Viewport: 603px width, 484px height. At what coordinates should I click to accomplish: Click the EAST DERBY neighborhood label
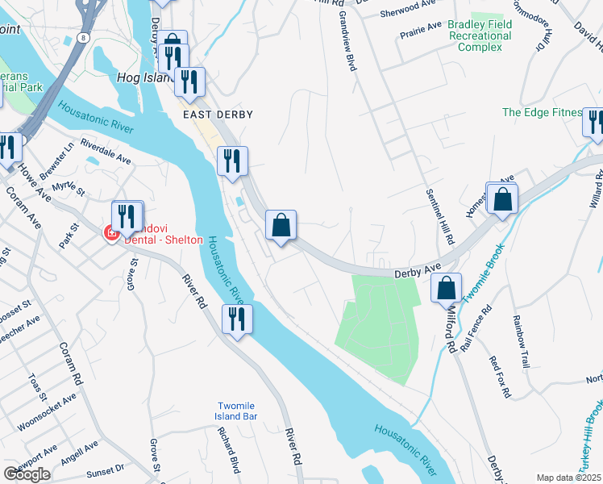pos(218,115)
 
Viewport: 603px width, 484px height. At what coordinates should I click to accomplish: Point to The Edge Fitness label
pos(540,112)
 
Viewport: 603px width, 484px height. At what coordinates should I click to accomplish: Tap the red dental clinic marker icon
pos(111,234)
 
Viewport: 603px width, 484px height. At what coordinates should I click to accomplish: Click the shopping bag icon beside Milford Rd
pos(446,288)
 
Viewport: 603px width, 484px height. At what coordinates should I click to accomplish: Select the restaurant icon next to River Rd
pos(238,319)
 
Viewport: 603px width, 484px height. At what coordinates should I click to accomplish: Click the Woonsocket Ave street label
pos(48,407)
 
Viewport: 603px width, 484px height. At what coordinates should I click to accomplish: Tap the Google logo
pos(27,474)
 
